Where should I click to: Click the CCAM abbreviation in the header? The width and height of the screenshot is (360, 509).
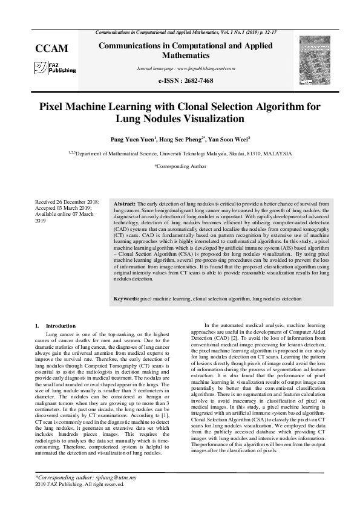click(51, 48)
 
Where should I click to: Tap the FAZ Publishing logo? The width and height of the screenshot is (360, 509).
click(55, 68)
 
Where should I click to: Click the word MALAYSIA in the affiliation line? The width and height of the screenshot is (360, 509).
click(274, 154)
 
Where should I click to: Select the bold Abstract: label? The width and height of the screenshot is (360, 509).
click(125, 204)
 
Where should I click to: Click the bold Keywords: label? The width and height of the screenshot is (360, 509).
click(127, 299)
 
